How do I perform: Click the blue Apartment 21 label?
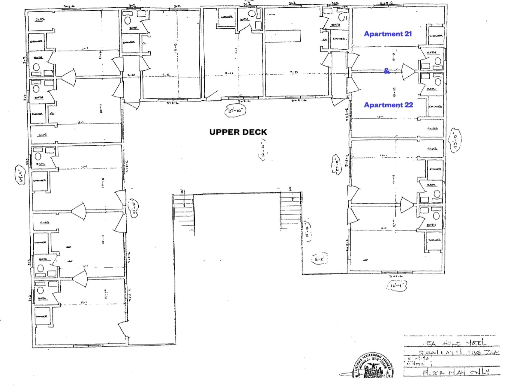pos(387,34)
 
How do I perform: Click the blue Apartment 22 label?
pos(388,105)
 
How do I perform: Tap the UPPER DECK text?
pos(238,132)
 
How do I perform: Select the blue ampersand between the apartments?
pos(387,71)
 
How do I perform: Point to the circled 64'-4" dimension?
pos(21,175)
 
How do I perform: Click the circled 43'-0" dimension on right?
pos(454,141)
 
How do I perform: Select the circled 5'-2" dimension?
pos(319,259)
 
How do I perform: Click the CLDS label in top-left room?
pos(40,20)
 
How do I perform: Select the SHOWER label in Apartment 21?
pos(436,36)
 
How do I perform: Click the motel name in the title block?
pos(454,343)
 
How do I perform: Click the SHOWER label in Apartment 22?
pos(435,107)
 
